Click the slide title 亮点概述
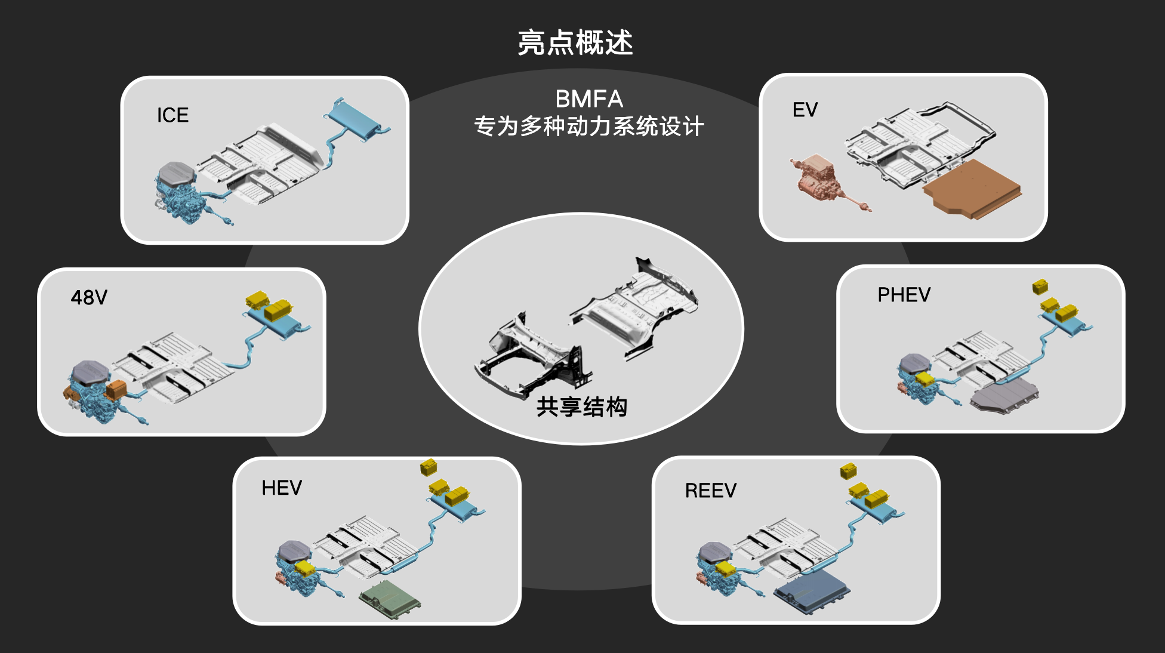coord(575,43)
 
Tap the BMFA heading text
coord(588,99)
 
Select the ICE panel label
coord(172,115)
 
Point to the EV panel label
coord(805,110)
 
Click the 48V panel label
coord(89,297)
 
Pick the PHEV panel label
coord(904,295)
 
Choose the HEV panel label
coord(282,488)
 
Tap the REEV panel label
coord(710,491)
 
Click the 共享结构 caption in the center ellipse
coord(581,407)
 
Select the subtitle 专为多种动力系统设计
coord(588,127)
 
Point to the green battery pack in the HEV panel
coord(390,599)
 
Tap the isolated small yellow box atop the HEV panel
coord(429,467)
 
